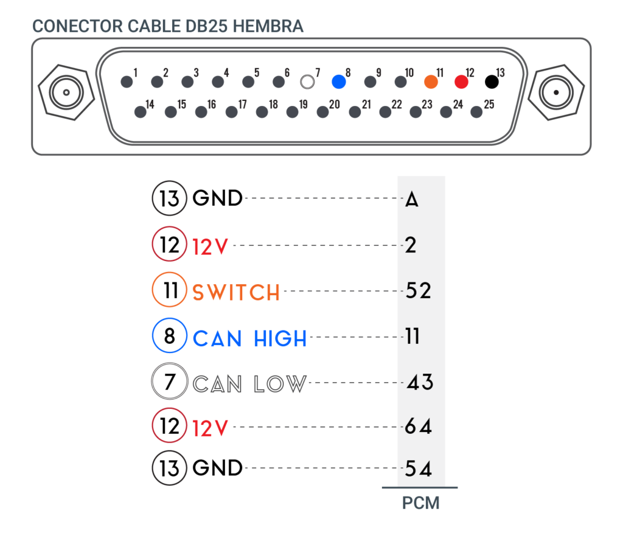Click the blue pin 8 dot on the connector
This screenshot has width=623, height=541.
click(338, 82)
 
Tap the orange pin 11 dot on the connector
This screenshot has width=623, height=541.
click(431, 82)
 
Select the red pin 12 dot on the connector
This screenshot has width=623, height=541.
click(461, 82)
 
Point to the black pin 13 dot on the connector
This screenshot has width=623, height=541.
click(492, 82)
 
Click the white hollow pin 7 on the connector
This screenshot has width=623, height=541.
click(307, 82)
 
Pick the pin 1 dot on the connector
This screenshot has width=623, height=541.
click(127, 82)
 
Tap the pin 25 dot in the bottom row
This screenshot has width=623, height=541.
click(476, 112)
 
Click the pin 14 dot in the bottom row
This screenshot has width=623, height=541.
click(141, 112)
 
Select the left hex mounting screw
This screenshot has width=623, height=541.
click(66, 92)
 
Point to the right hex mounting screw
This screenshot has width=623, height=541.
click(556, 92)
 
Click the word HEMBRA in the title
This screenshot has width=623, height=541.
click(268, 26)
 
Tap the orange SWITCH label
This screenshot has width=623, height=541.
click(237, 293)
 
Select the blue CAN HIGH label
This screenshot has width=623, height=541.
click(249, 339)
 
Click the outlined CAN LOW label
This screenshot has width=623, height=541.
click(249, 384)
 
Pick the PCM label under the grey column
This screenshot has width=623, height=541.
click(421, 503)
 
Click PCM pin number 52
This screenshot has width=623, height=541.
click(419, 290)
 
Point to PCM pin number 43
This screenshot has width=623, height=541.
click(420, 382)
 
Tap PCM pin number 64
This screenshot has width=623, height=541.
click(419, 427)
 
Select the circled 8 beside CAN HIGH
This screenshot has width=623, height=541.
click(170, 335)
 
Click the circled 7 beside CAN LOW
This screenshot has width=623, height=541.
click(170, 381)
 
